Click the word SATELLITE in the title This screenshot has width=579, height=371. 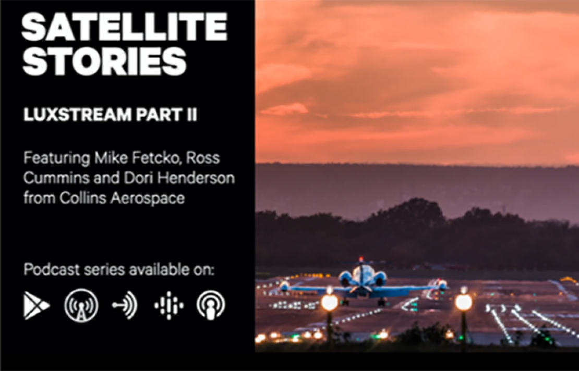click(x=124, y=27)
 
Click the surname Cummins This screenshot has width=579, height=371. click(x=56, y=178)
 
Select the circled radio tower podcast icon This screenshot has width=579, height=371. click(x=81, y=306)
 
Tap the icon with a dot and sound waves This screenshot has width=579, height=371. click(x=125, y=305)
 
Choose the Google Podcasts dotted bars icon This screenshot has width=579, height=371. click(x=169, y=305)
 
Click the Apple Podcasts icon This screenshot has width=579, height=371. click(x=211, y=305)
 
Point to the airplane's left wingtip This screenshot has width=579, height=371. click(x=284, y=286)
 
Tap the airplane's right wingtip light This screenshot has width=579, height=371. click(x=442, y=285)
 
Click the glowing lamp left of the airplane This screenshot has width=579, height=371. click(x=329, y=302)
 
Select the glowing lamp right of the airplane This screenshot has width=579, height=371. click(x=463, y=302)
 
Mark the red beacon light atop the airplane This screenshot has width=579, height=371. click(x=361, y=259)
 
